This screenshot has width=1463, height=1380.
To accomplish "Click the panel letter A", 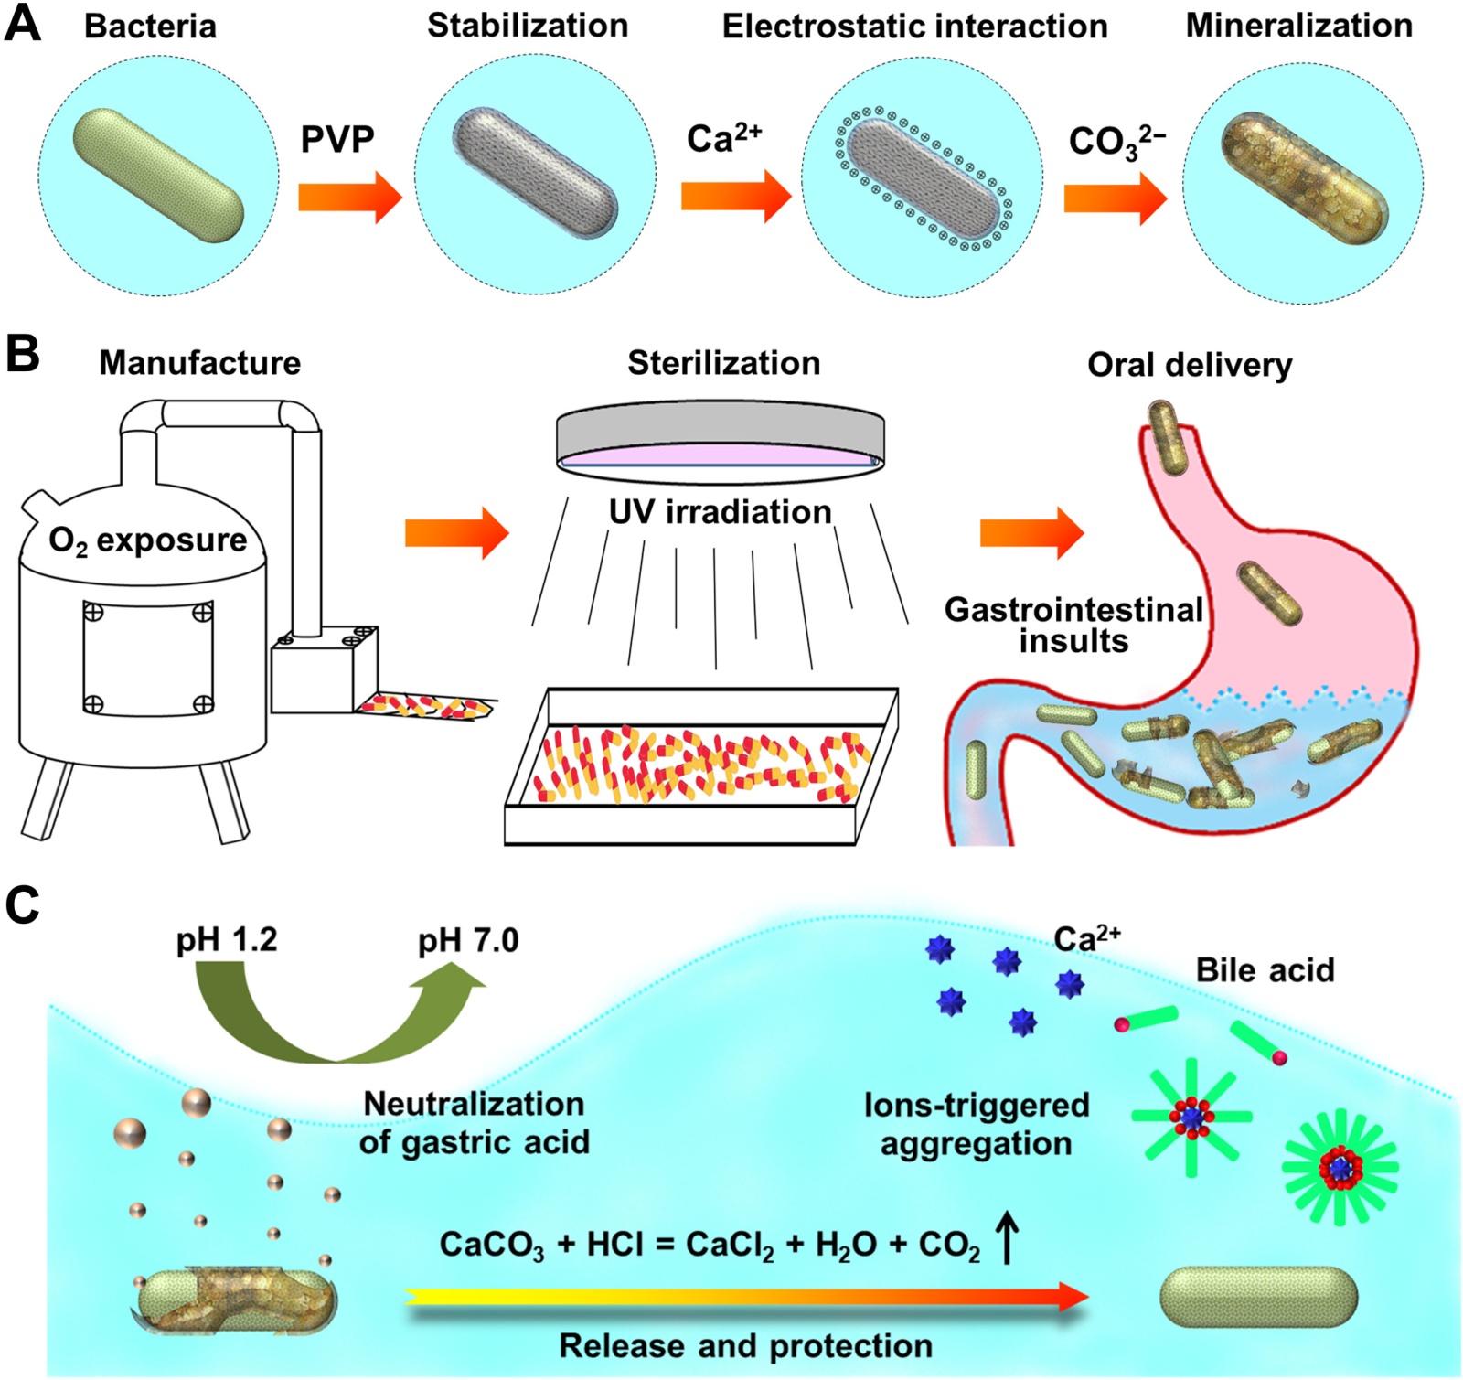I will (x=22, y=24).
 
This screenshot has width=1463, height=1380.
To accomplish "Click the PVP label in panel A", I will (x=337, y=140).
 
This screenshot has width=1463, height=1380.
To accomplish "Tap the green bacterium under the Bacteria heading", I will (x=158, y=175).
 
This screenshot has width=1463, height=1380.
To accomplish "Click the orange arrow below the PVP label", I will (x=349, y=197).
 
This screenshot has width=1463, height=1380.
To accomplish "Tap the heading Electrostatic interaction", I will (x=914, y=27).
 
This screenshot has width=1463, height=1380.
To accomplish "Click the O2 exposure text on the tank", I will (x=148, y=540).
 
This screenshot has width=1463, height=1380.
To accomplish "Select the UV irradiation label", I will (x=721, y=512).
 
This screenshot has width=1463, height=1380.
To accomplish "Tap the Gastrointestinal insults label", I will (x=1073, y=625).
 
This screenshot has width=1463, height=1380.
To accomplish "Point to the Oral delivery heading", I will (x=1190, y=365).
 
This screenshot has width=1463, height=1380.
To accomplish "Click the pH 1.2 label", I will (x=227, y=940).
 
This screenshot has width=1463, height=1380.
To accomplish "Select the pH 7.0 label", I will (x=468, y=940).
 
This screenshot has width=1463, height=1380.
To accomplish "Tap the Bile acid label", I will (x=1265, y=969).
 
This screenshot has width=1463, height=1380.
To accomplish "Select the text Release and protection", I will (x=745, y=1346).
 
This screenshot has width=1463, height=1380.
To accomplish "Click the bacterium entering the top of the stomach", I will (x=1168, y=436).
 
